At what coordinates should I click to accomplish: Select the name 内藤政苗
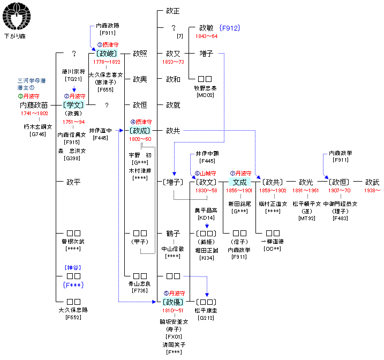pyautogui.click(x=33, y=106)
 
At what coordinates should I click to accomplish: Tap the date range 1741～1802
pyautogui.click(x=34, y=114)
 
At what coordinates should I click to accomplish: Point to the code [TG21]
pyautogui.click(x=73, y=79)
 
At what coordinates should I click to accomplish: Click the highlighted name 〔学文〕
pyautogui.click(x=73, y=105)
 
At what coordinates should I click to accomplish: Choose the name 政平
pyautogui.click(x=73, y=182)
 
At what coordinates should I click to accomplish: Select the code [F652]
pyautogui.click(x=73, y=317)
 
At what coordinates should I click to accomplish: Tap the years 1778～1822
pyautogui.click(x=107, y=62)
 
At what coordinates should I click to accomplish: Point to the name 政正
pyautogui.click(x=173, y=11)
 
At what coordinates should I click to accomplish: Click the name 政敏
pyautogui.click(x=206, y=28)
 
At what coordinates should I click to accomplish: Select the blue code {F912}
pyautogui.click(x=229, y=28)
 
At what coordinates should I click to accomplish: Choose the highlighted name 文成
pyautogui.click(x=239, y=182)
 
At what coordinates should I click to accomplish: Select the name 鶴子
pyautogui.click(x=173, y=234)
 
